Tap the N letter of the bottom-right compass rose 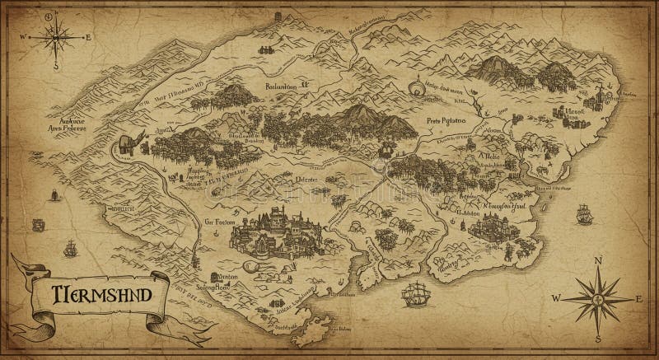pos(599,259)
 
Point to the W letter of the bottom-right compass pos(558,297)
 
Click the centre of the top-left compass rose pos(56,36)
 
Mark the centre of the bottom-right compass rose pos(599,297)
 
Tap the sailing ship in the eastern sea pos(585,214)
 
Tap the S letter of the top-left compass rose pos(56,65)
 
